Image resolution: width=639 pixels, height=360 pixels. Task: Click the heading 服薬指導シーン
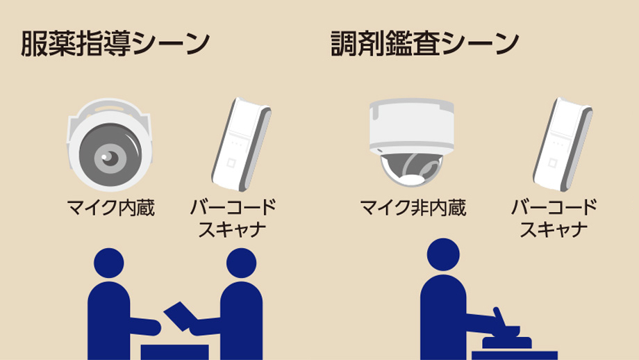pos(115,43)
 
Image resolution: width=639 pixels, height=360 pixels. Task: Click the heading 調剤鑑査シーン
pos(424,43)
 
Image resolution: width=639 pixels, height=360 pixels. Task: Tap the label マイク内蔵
pos(111,208)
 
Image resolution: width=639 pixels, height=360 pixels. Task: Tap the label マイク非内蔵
pos(413,208)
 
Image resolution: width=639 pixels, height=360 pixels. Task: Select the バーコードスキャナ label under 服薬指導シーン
pos(233,218)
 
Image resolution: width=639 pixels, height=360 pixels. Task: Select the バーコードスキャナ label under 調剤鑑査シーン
pos(554,218)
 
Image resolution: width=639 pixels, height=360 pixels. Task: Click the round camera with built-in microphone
pos(109,145)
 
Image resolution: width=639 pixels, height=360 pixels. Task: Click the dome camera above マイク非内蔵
pos(412,142)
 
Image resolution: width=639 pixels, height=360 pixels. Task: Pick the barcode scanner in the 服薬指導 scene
pos(241,145)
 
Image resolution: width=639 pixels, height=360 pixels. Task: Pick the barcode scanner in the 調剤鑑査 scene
pos(563,145)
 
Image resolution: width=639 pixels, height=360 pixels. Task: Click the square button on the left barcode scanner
pos(231,163)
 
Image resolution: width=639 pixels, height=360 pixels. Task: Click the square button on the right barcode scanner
pos(552,163)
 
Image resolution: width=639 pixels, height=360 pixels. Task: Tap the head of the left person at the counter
pos(109,263)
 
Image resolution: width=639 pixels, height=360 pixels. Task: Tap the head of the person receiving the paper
pos(241,263)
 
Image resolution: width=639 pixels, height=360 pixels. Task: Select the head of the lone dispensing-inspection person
pos(443,254)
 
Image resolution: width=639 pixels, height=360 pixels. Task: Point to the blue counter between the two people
pos(174,352)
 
